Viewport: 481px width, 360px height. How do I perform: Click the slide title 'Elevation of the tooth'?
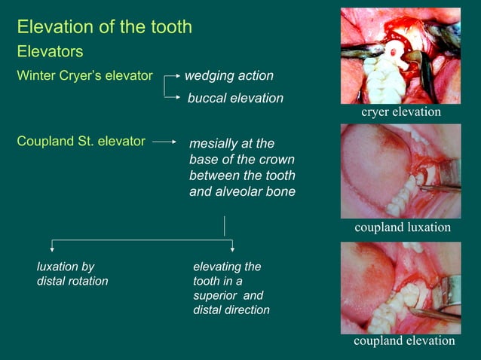click(104, 28)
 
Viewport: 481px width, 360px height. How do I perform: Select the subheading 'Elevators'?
click(50, 52)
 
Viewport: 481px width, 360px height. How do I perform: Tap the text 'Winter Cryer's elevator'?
click(84, 77)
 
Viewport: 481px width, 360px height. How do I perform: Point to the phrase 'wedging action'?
click(229, 77)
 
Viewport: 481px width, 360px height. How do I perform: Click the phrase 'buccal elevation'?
click(235, 99)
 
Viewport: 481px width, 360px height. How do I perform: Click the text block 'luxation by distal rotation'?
click(72, 273)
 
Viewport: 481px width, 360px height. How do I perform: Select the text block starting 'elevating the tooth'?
click(231, 288)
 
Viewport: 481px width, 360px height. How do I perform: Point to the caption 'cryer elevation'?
click(400, 111)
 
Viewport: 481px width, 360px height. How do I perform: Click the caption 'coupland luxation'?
click(403, 227)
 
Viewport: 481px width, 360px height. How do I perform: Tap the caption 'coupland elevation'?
click(404, 341)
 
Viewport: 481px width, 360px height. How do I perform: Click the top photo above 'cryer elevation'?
click(400, 56)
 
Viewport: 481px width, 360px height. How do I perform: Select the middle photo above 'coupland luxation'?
click(400, 171)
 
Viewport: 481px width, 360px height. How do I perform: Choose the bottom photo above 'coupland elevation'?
click(400, 288)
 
